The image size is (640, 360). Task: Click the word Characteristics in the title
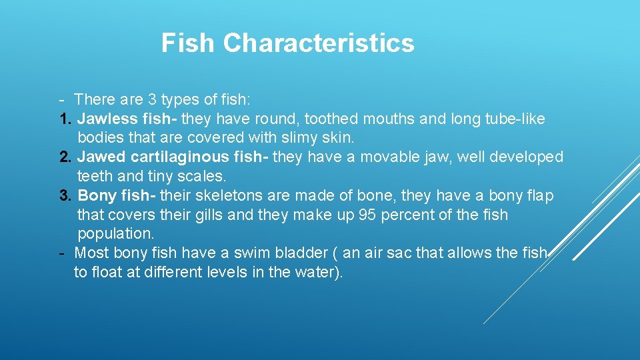tap(319, 43)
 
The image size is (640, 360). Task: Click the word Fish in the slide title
tap(188, 43)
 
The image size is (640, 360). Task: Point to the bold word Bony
tap(96, 196)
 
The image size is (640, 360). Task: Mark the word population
tap(115, 234)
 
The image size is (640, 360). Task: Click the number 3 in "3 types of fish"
tap(153, 100)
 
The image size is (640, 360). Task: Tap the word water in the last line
tap(314, 273)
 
